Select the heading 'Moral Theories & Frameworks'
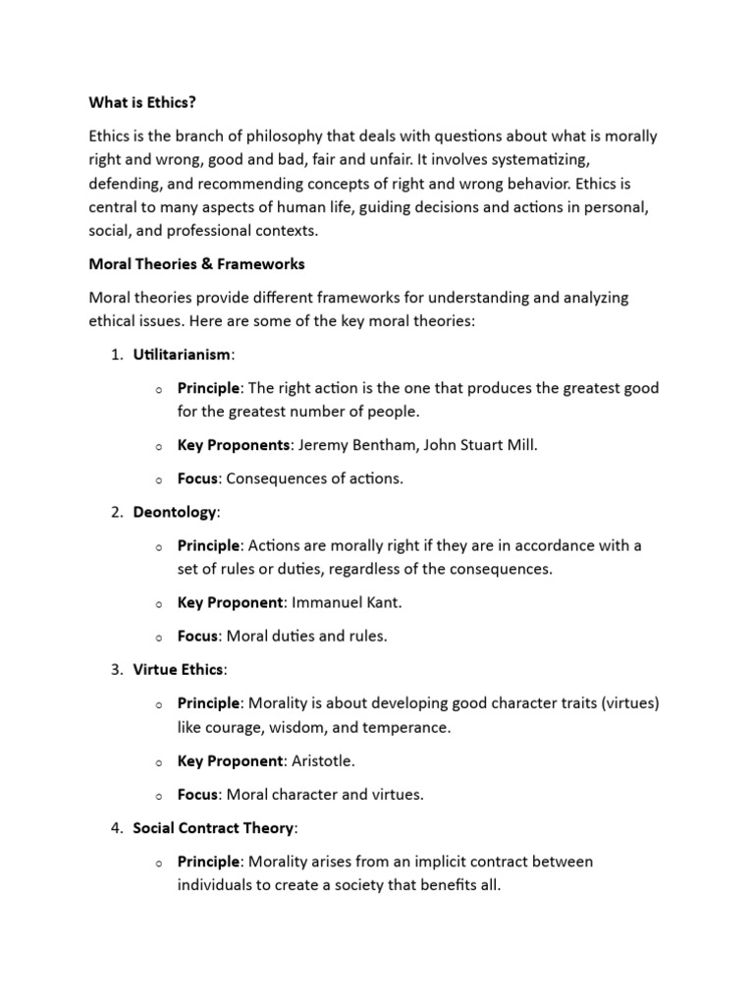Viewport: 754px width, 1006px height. [x=196, y=263]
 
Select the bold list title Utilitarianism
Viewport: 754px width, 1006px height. [x=182, y=354]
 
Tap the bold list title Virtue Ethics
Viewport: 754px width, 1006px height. [x=178, y=670]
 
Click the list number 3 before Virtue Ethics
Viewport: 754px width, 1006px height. [x=115, y=670]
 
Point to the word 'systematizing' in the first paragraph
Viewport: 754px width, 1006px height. [x=538, y=158]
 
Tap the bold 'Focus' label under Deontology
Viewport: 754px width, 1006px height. [x=197, y=636]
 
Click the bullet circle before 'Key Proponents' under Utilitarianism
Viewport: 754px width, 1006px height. [x=157, y=446]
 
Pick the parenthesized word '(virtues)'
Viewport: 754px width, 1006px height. [x=625, y=703]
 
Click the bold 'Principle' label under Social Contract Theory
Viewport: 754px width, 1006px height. [x=208, y=862]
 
